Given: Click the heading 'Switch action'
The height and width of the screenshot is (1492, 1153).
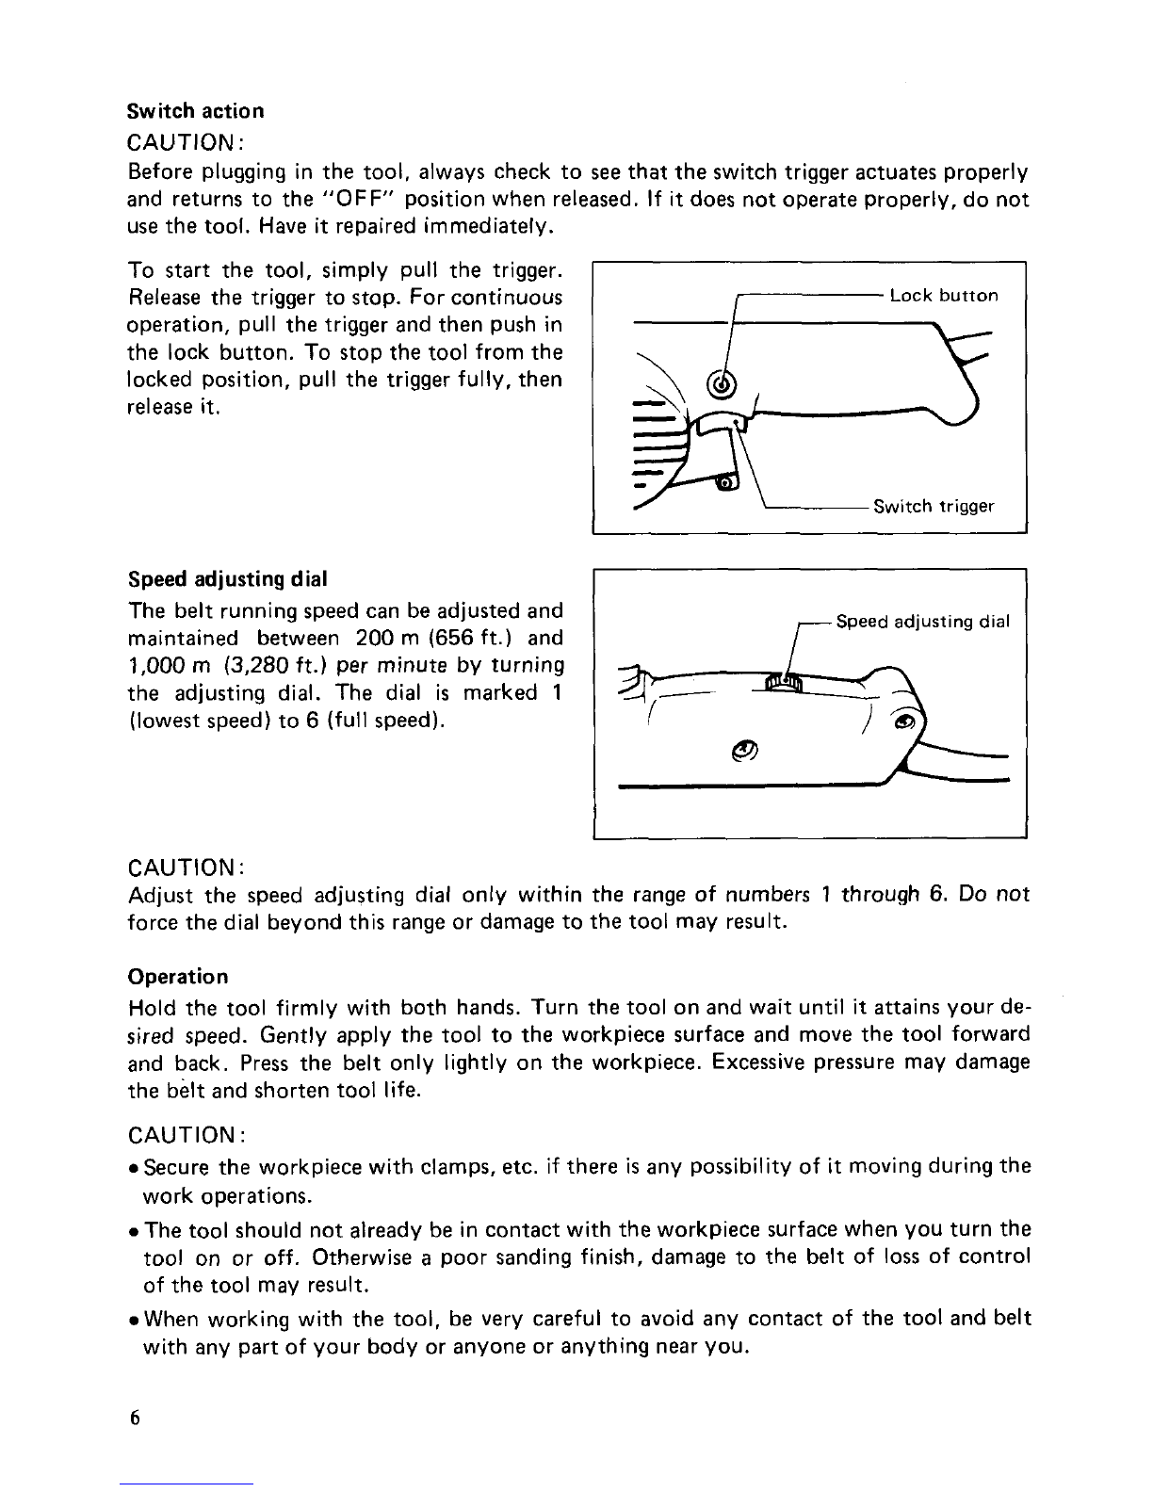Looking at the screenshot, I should [195, 110].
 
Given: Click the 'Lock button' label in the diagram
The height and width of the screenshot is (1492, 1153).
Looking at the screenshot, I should [943, 296].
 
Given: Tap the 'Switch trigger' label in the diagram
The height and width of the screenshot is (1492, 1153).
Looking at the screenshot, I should [934, 507].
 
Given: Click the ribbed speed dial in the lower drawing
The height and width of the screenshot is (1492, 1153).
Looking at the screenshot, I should [783, 682].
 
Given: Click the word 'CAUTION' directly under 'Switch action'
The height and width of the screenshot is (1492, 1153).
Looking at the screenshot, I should [184, 141].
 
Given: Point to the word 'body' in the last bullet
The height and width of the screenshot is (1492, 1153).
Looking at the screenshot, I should [328, 1346].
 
